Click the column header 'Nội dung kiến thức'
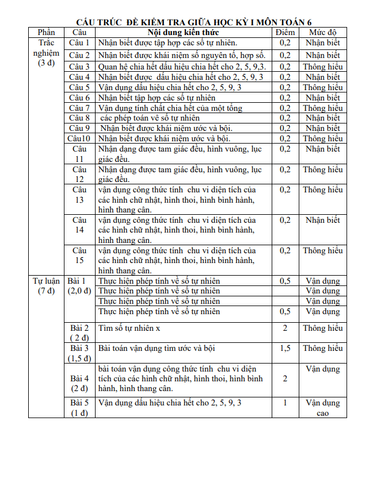click(183, 32)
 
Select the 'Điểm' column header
click(285, 32)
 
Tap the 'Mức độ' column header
click(322, 32)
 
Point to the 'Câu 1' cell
click(79, 42)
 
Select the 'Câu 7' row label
click(79, 108)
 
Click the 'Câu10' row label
click(79, 138)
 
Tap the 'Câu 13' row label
click(79, 195)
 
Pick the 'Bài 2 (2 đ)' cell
click(79, 333)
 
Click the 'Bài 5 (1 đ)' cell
click(79, 408)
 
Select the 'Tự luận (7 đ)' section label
click(46, 285)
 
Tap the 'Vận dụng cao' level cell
click(322, 408)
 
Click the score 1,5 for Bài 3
click(285, 348)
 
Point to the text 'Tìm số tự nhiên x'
click(130, 328)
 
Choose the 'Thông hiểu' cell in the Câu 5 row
click(322, 87)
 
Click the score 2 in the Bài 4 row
click(285, 378)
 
